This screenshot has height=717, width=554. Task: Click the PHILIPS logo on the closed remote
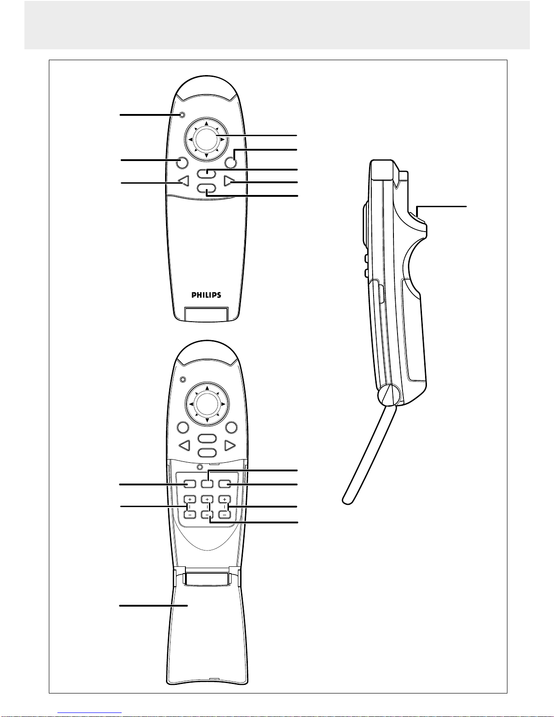(x=206, y=295)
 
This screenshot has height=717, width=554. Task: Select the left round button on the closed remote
(x=181, y=162)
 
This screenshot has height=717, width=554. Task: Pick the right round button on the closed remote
(x=230, y=162)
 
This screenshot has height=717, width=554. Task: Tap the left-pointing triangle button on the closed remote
(x=183, y=182)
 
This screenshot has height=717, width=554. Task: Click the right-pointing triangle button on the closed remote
(x=230, y=182)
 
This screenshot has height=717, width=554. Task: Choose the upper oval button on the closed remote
(x=206, y=173)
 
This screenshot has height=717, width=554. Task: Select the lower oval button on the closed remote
(x=206, y=190)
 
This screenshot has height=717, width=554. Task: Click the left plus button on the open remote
(x=190, y=499)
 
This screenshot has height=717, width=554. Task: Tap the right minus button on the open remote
(x=224, y=514)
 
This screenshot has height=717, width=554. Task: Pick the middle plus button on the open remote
(x=207, y=499)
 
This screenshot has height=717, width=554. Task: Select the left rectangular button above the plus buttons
(x=190, y=484)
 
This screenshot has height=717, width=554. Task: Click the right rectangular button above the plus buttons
(x=224, y=484)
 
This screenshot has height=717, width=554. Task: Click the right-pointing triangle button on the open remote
(x=230, y=446)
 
